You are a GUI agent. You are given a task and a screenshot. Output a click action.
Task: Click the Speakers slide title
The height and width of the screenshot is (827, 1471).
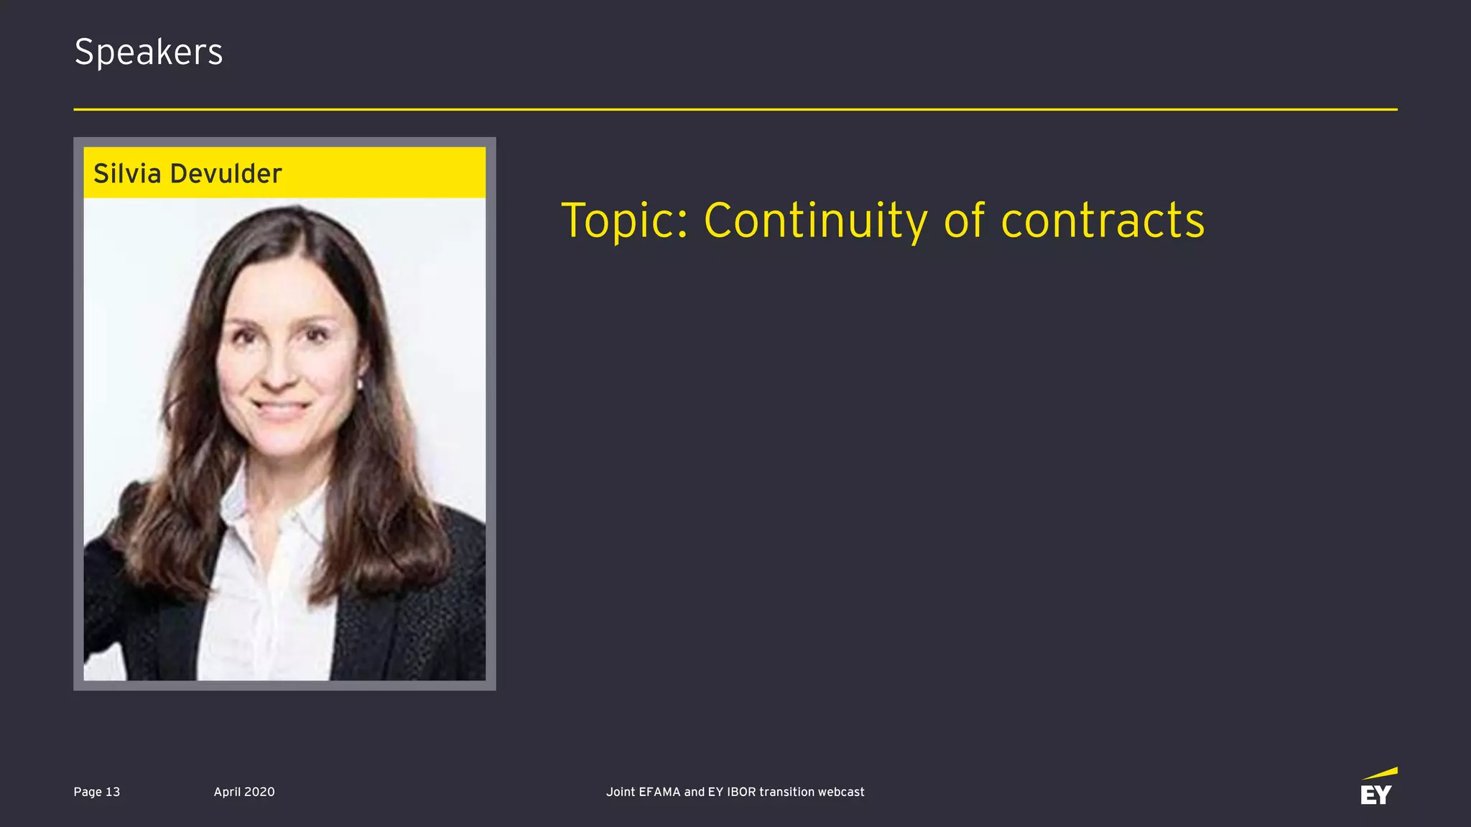[149, 52]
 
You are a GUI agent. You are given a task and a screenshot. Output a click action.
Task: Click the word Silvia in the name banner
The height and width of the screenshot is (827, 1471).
[127, 174]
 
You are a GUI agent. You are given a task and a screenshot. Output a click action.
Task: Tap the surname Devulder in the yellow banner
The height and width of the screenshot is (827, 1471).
[226, 174]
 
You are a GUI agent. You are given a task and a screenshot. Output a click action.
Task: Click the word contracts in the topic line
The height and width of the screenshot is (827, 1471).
[1103, 221]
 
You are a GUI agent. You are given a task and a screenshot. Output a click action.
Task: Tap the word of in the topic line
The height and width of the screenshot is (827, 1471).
[965, 221]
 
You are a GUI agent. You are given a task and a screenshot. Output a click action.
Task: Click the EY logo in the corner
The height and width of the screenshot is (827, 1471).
[1378, 787]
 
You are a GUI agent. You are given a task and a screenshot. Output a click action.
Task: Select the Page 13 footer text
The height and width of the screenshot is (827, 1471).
[96, 792]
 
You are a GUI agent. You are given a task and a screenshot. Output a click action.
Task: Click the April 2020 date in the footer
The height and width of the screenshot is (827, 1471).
[244, 792]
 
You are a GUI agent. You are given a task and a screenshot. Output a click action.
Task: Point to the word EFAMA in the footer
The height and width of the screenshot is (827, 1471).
[659, 792]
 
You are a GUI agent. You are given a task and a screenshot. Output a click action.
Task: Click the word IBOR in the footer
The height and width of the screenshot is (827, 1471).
[741, 792]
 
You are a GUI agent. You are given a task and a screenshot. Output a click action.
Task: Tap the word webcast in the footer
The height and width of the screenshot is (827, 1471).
[841, 792]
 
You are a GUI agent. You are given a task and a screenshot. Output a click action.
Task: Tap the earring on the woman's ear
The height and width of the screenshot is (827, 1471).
[361, 384]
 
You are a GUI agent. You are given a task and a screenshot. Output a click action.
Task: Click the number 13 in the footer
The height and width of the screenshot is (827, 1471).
[113, 792]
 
